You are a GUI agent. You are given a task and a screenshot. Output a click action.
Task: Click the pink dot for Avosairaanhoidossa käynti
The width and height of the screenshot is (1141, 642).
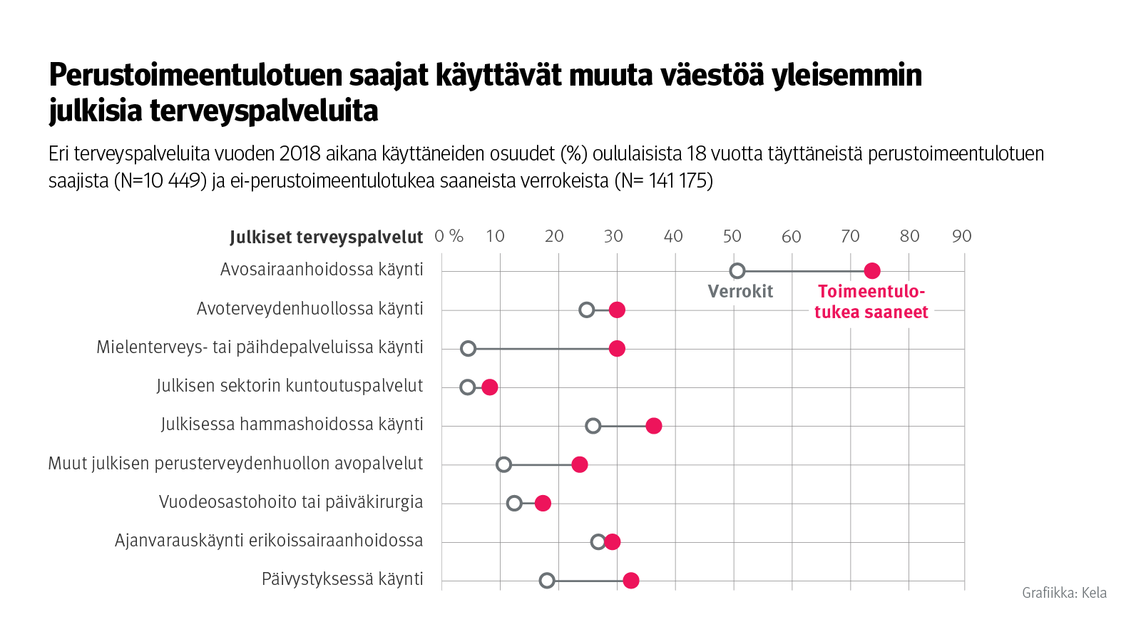pos(871,271)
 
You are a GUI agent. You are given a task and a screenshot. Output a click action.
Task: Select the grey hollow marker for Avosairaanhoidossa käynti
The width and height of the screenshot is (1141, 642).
pos(737,271)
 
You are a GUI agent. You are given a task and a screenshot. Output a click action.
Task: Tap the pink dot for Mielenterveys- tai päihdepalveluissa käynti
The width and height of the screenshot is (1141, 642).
pos(617,349)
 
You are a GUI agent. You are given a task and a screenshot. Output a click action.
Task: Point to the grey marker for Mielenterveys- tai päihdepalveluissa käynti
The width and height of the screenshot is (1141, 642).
pos(468,349)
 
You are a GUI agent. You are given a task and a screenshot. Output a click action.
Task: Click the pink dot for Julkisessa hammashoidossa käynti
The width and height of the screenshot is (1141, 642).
pos(653,426)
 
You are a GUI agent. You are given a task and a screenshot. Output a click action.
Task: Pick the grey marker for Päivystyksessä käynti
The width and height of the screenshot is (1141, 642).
pos(547,581)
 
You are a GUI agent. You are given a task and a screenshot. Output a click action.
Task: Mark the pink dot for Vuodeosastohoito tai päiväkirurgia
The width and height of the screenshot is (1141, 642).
pos(543,504)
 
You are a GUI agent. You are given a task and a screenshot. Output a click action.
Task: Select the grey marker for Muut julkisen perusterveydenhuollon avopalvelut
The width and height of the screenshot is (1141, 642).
pos(503,465)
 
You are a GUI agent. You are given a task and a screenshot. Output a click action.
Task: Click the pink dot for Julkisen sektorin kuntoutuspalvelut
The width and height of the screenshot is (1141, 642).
pos(489,387)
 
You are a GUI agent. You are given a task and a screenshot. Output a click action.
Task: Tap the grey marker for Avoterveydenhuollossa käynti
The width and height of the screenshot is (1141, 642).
pos(586,310)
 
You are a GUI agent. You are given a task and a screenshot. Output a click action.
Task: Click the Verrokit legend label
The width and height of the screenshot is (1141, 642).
pos(740,291)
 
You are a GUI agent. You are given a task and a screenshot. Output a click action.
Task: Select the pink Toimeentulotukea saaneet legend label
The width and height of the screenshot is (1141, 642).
pos(871,302)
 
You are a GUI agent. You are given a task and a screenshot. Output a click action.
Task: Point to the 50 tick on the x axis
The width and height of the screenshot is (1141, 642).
pos(732,236)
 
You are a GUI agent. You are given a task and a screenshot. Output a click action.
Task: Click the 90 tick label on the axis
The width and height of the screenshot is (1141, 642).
pos(961,236)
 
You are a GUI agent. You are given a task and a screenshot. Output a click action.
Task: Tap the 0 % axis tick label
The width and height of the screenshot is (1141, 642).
pos(449,236)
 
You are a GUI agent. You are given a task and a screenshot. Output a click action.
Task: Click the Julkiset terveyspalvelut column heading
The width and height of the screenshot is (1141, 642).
pos(326,238)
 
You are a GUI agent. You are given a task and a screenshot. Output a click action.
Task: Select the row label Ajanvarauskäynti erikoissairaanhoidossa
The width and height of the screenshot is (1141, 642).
pos(269,541)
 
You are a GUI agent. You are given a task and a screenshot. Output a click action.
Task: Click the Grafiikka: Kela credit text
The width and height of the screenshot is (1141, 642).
pos(1064,592)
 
